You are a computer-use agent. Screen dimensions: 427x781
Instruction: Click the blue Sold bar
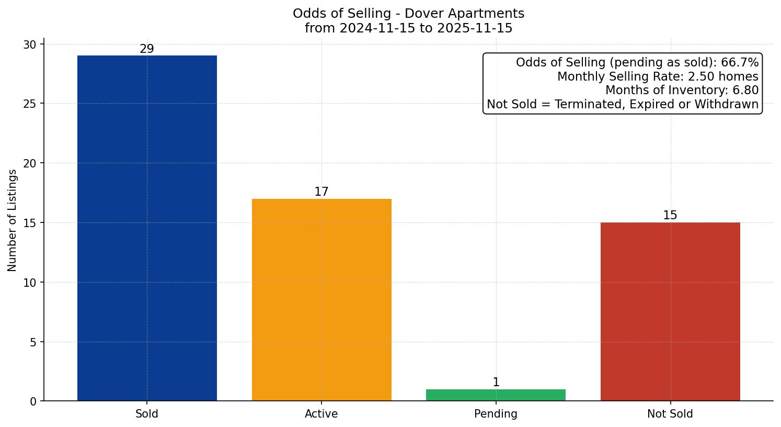[x=147, y=228]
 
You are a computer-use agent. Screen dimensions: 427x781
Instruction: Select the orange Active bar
[x=321, y=300]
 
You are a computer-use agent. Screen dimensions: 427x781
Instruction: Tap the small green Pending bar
[x=496, y=395]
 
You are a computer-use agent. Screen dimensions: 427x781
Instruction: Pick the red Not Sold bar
[x=670, y=311]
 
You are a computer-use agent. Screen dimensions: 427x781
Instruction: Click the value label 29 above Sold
[x=147, y=49]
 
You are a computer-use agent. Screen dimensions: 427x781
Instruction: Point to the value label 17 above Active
[x=321, y=192]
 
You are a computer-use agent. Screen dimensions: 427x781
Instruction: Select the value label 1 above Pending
[x=496, y=383]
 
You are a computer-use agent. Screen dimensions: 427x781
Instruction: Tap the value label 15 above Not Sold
[x=670, y=216]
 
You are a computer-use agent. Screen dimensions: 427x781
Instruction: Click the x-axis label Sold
[x=147, y=414]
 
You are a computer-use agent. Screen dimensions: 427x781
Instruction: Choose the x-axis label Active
[x=321, y=414]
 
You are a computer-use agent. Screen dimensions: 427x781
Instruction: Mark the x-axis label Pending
[x=496, y=414]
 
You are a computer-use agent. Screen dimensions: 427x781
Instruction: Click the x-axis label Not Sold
[x=670, y=414]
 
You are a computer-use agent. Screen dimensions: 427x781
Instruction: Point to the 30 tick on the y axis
[x=30, y=44]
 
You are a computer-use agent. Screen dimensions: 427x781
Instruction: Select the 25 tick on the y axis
[x=30, y=104]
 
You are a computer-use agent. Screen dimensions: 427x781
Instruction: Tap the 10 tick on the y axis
[x=30, y=283]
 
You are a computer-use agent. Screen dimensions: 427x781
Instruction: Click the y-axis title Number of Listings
[x=13, y=220]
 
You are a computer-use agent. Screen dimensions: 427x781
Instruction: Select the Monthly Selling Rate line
[x=658, y=77]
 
